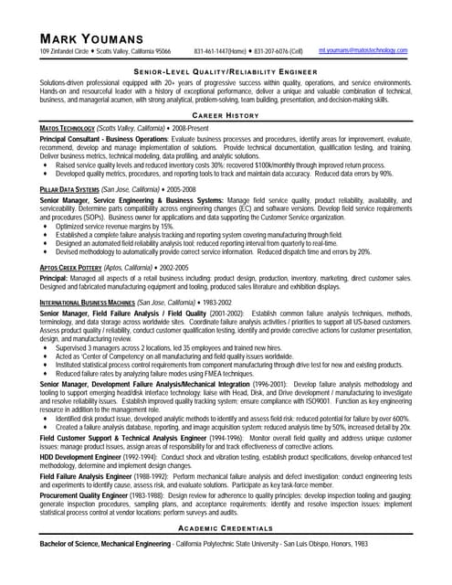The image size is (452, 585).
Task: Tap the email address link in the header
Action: pos(363,51)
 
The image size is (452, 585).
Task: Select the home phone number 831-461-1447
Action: pos(219,52)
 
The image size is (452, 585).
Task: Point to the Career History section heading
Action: pos(226,116)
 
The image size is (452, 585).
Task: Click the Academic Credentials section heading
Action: pos(226,555)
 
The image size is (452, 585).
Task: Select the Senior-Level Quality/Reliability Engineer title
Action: pos(226,69)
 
